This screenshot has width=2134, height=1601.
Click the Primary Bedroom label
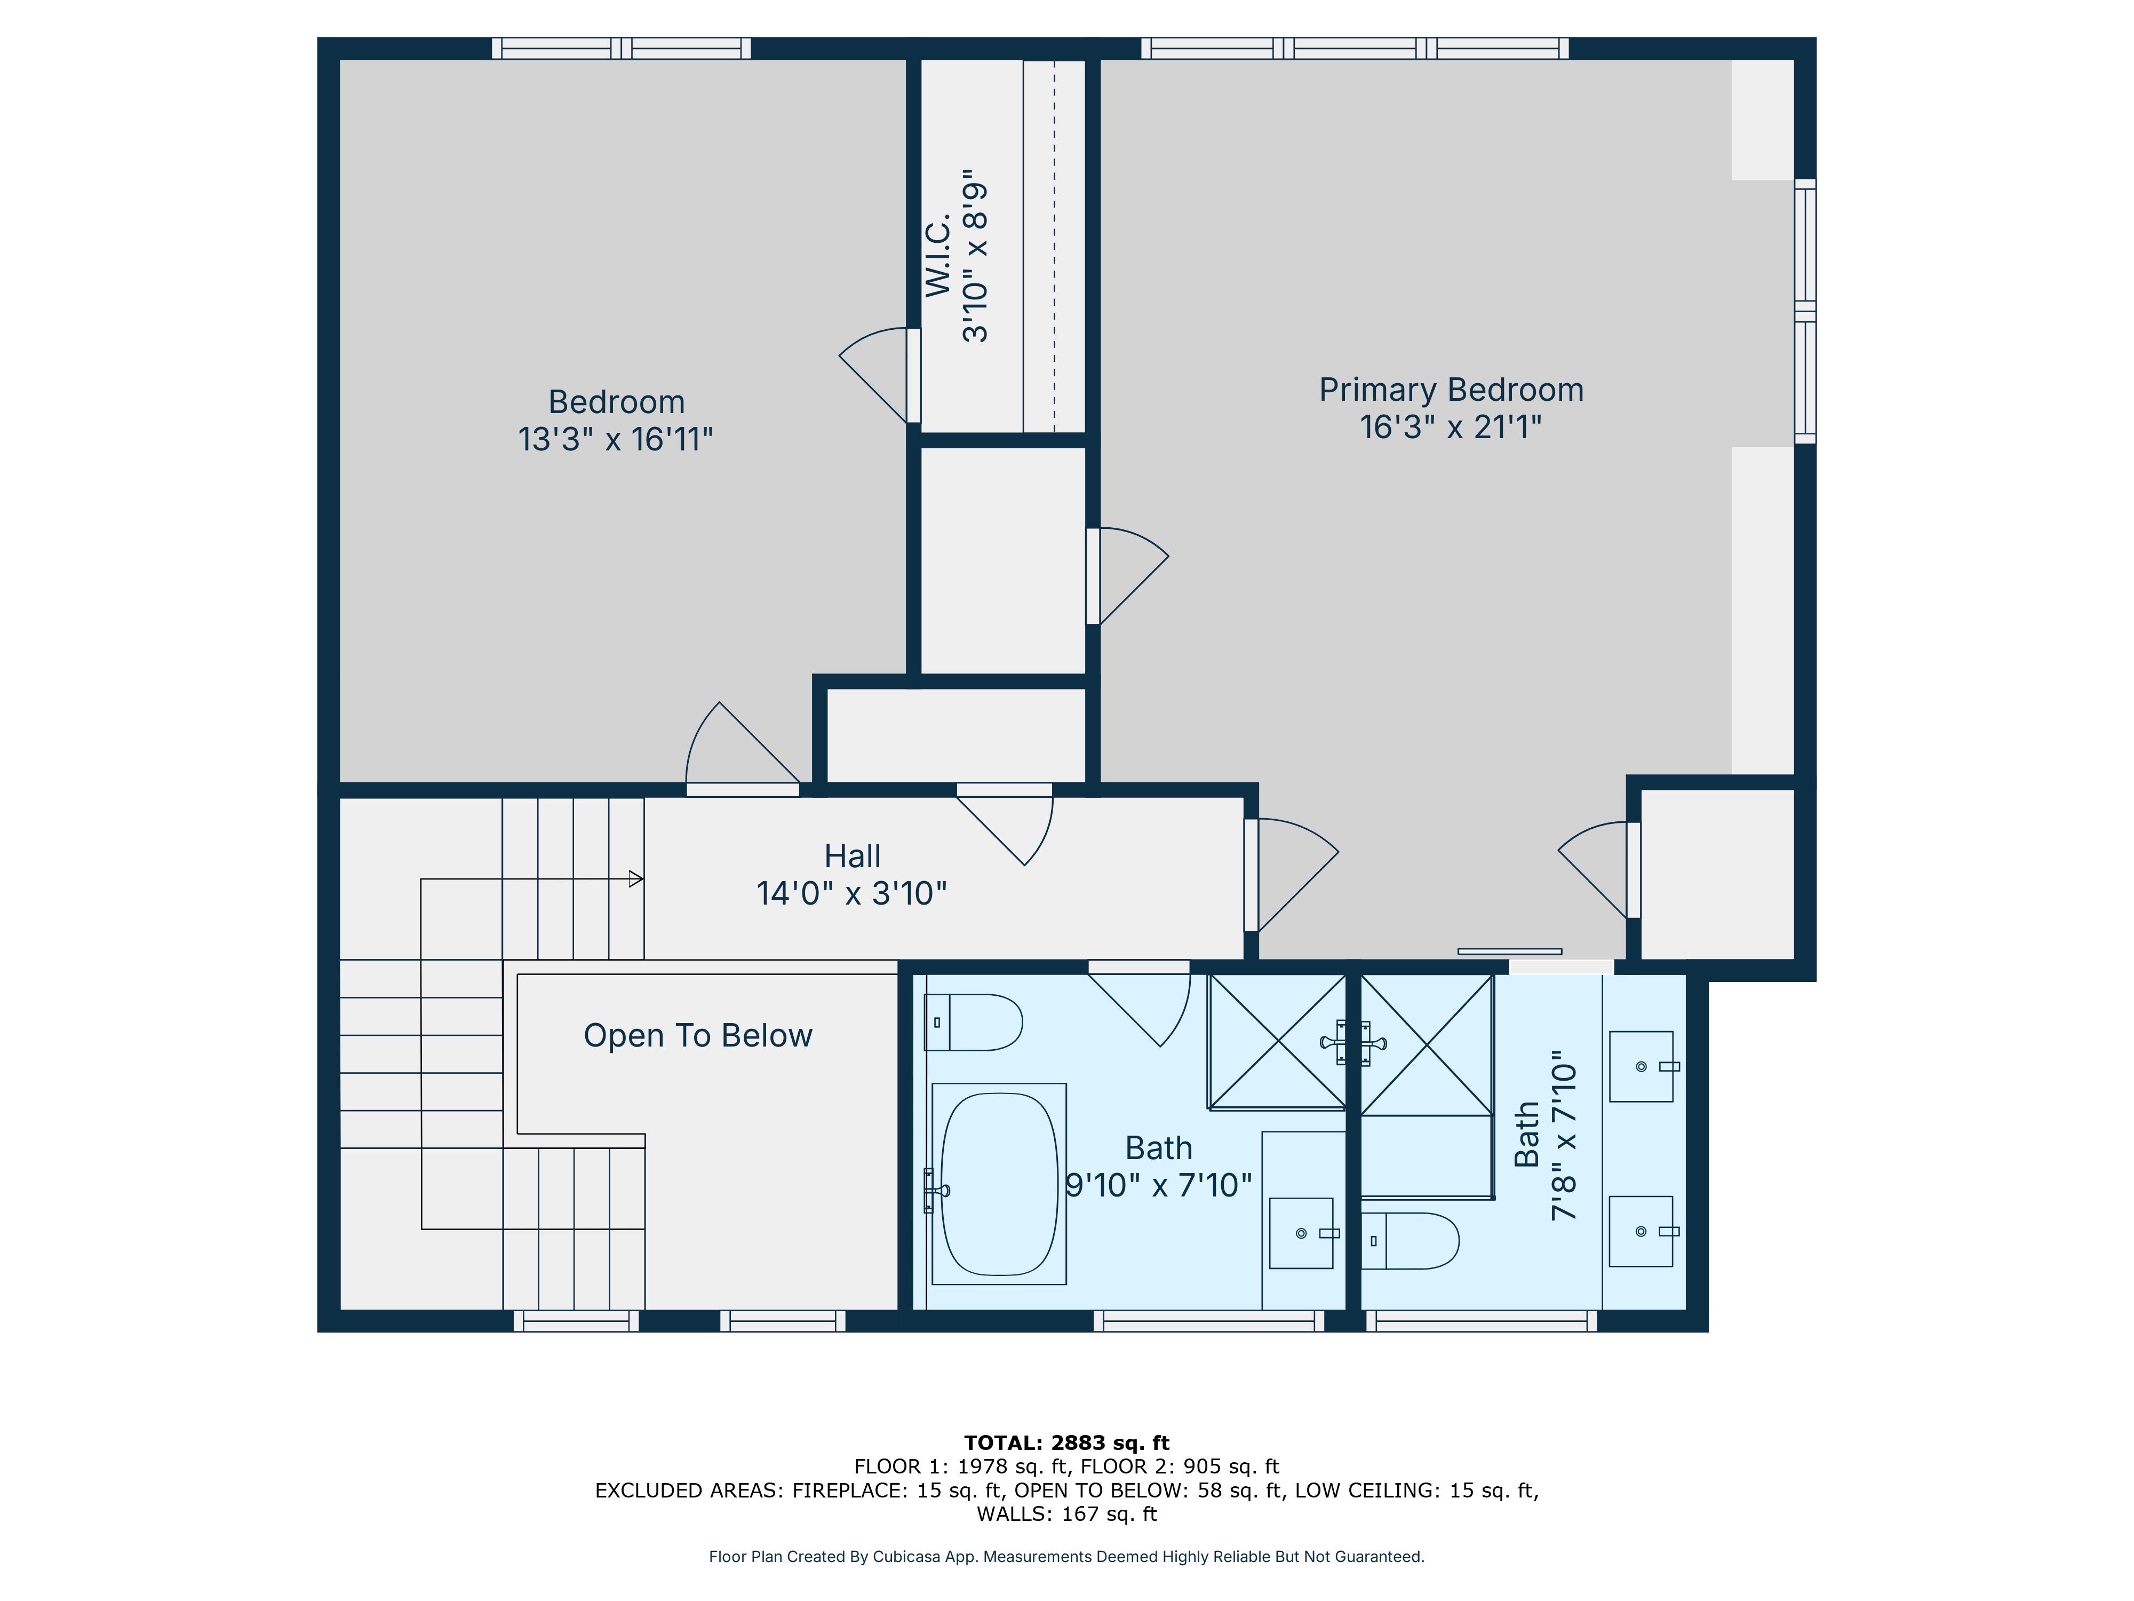coord(1451,390)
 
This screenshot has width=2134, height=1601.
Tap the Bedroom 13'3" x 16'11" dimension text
coord(616,439)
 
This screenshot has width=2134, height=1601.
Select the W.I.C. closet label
coord(938,256)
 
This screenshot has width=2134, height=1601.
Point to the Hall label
coord(852,856)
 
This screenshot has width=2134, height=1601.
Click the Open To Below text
coord(697,1035)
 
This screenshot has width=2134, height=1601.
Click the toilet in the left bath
coord(973,1022)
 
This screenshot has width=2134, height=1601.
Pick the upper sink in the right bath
coord(1642,1066)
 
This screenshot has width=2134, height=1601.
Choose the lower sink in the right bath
coord(1642,1231)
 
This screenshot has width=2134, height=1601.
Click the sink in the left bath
coord(1302,1233)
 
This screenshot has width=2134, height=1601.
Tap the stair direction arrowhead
coord(636,879)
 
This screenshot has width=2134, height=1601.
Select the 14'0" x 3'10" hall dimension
coord(852,894)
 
